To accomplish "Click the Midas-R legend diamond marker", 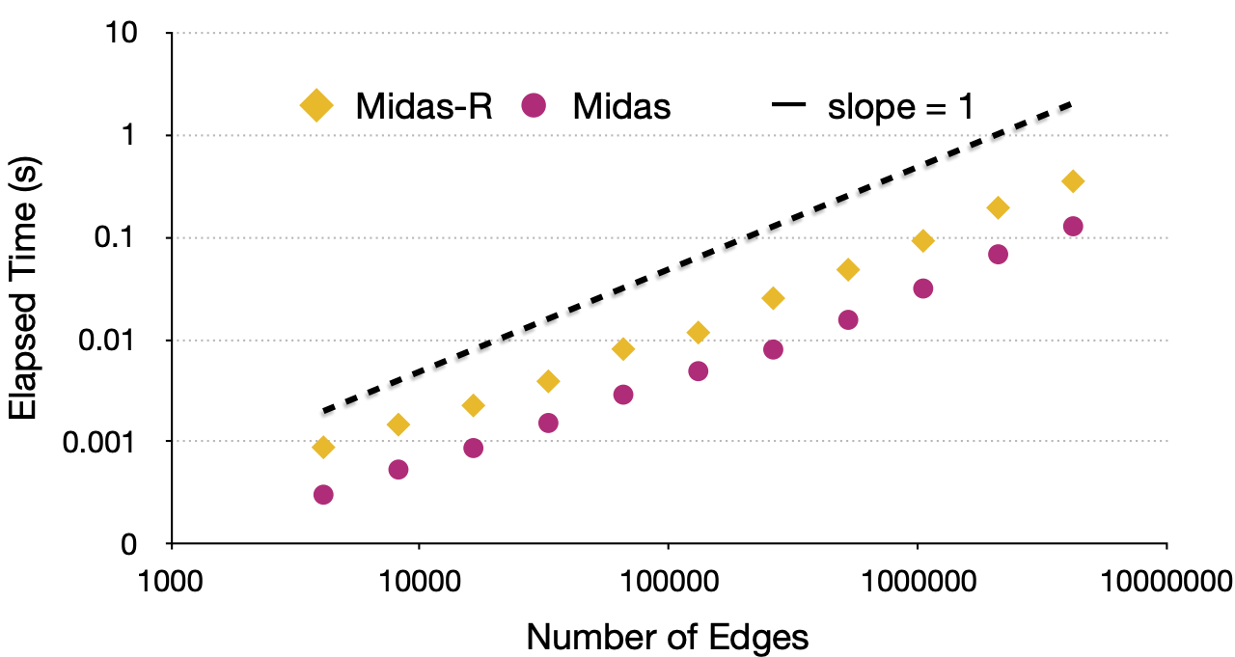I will click(316, 105).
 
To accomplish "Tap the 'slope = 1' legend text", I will click(900, 105).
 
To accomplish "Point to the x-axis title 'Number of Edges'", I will click(668, 636).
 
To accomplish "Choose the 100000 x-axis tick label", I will click(668, 582).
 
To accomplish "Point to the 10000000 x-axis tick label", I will click(1167, 582).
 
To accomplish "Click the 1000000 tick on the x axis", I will click(917, 582).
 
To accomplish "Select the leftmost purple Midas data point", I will click(323, 495).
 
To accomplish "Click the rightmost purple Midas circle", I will click(1072, 226).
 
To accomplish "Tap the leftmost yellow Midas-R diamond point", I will click(323, 447).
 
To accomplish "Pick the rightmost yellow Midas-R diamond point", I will click(1072, 181).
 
